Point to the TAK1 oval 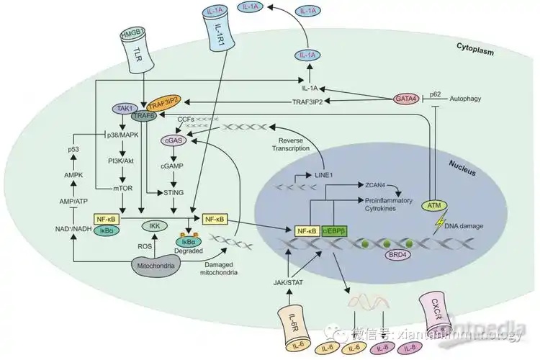[x=122, y=108]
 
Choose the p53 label [x=73, y=149]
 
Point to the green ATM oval [x=433, y=207]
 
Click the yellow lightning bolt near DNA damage [x=433, y=223]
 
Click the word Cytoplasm [x=476, y=47]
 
